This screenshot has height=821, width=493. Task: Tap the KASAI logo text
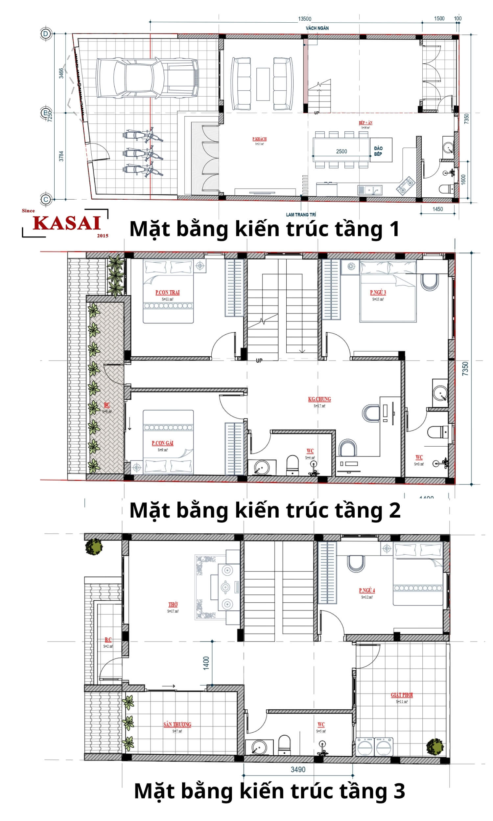point(67,223)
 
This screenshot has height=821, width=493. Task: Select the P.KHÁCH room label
point(259,139)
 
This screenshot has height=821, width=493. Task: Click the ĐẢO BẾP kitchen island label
point(378,151)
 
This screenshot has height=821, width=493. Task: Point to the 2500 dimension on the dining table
point(341,151)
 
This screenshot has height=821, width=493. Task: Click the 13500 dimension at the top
point(304,19)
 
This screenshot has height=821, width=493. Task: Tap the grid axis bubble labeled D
point(46,33)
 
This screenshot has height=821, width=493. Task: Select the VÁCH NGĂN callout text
point(317,28)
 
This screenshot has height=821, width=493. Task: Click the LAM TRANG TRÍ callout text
point(301,215)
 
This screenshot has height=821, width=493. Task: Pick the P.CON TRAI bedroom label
point(167,292)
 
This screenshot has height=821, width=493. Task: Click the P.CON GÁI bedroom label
point(162,443)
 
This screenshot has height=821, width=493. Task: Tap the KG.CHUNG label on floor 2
point(319,399)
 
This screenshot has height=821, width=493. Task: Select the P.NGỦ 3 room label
point(378,292)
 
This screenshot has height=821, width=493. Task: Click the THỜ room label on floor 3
point(173,604)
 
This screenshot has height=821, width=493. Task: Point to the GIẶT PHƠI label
point(402,695)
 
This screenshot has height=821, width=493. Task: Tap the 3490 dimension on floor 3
point(298,769)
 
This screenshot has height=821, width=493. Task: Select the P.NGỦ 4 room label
point(367,590)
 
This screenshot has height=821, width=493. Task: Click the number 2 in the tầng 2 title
point(394,510)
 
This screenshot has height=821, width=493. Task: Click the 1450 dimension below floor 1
point(437,209)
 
